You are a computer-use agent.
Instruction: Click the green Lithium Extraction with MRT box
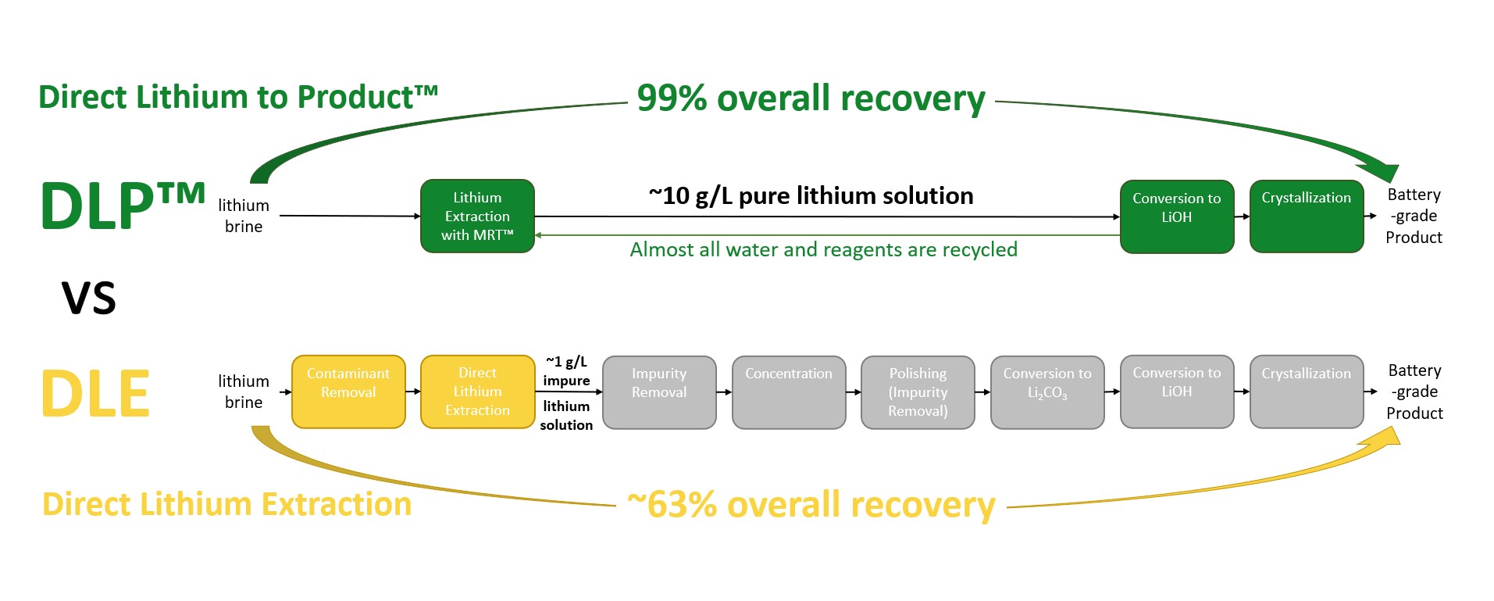coord(477,216)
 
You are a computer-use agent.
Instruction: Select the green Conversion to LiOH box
coord(1176,216)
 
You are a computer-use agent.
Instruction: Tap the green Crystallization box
coord(1306,216)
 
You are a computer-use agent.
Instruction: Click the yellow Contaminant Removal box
coord(348,392)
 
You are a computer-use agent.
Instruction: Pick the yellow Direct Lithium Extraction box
coord(477,392)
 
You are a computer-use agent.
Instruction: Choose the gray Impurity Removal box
coord(659,392)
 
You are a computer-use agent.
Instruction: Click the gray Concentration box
coord(789,392)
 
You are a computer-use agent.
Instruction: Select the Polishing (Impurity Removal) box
coord(918,392)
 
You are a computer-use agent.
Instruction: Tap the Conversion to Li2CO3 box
coord(1047,392)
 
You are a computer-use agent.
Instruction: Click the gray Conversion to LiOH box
coord(1176,392)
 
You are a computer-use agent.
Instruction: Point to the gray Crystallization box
coord(1306,392)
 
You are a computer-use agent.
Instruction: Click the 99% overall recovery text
coord(811,99)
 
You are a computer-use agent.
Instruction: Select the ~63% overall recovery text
coord(811,505)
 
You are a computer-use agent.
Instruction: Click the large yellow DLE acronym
coord(94,394)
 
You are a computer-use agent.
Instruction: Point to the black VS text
coord(88,299)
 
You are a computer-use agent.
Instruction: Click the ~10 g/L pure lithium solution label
coord(811,195)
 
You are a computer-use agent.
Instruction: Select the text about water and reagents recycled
coord(823,249)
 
